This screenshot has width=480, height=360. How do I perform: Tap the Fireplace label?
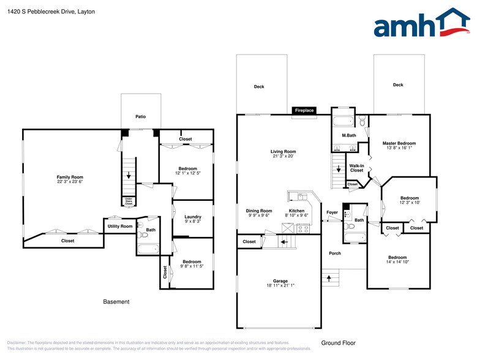coord(304,111)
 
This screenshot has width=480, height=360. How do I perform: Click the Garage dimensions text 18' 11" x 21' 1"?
coord(280,285)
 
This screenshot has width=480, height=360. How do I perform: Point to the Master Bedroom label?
coord(399,143)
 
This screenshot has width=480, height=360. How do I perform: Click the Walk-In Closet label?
coord(356,168)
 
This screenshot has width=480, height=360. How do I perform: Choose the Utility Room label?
coord(120,227)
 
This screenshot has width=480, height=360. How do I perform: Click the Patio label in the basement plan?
coord(141,116)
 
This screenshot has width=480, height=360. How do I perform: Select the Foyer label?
coord(332,212)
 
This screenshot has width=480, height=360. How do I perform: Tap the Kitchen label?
coord(297,210)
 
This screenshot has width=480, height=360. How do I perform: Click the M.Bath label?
coord(348,135)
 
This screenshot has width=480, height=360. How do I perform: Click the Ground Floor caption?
coord(338,343)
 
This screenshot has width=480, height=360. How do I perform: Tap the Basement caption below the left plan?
coord(116,301)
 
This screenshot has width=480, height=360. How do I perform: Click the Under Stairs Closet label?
coord(129,201)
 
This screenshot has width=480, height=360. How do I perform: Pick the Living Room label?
coord(283,151)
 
